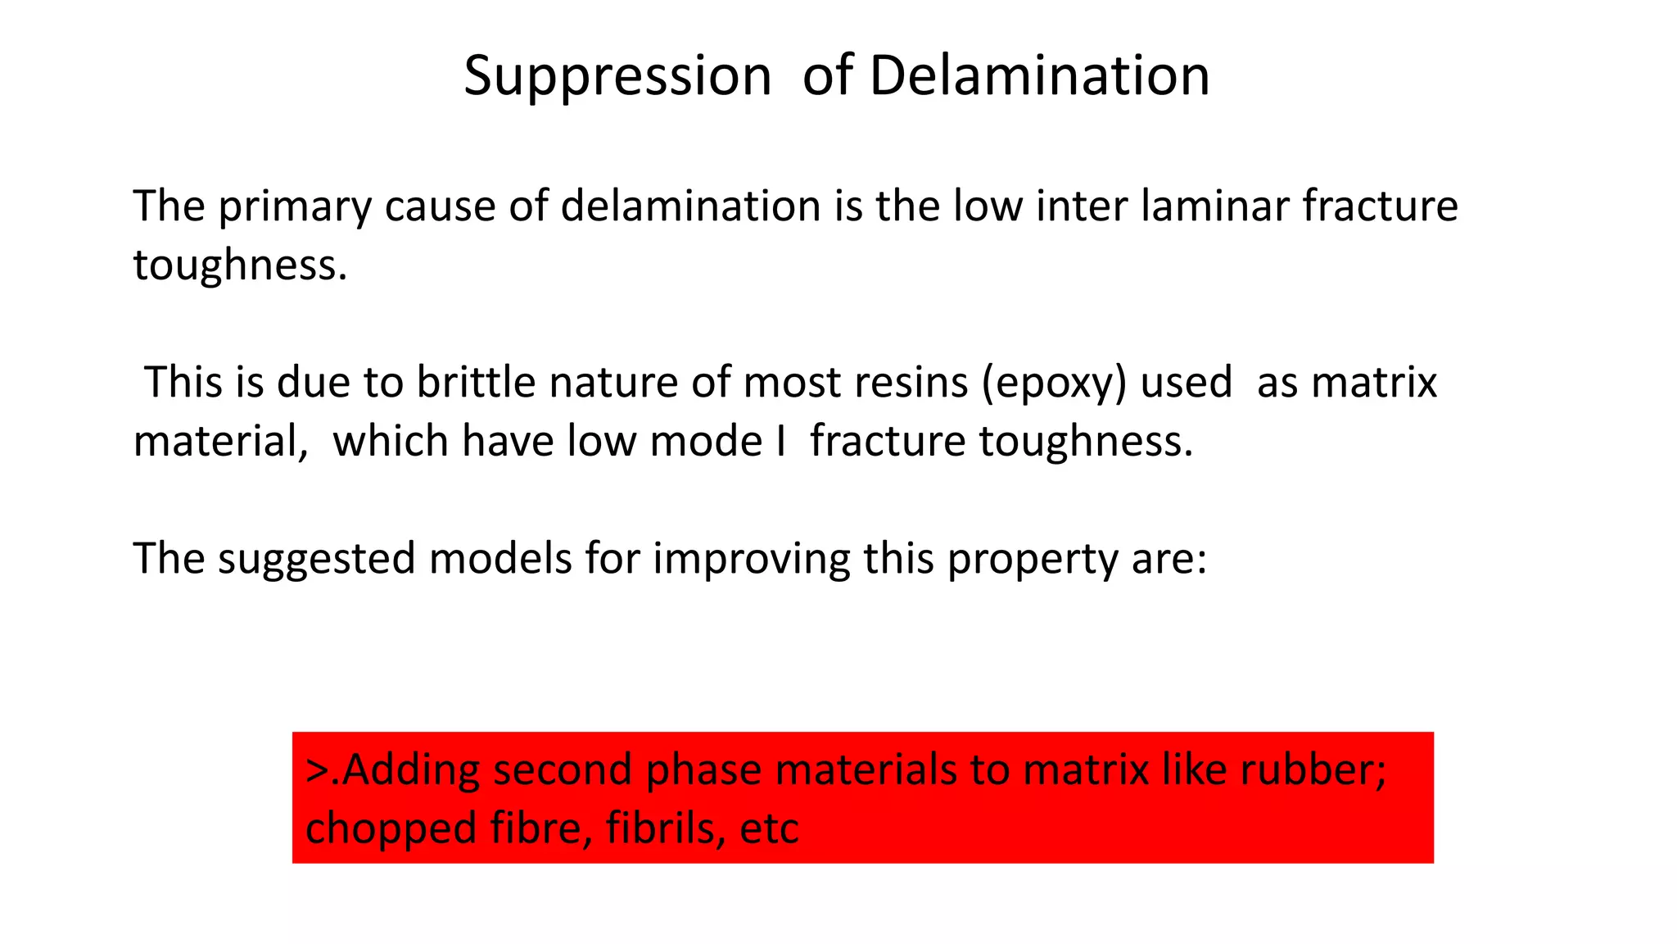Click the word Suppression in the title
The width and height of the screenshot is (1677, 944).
point(617,76)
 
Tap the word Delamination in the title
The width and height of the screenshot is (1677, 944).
point(1039,76)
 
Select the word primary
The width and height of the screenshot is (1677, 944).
point(295,206)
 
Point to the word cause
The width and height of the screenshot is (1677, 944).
point(441,206)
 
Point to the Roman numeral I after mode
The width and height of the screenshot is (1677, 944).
point(780,442)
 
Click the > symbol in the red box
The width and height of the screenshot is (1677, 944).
point(316,771)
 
